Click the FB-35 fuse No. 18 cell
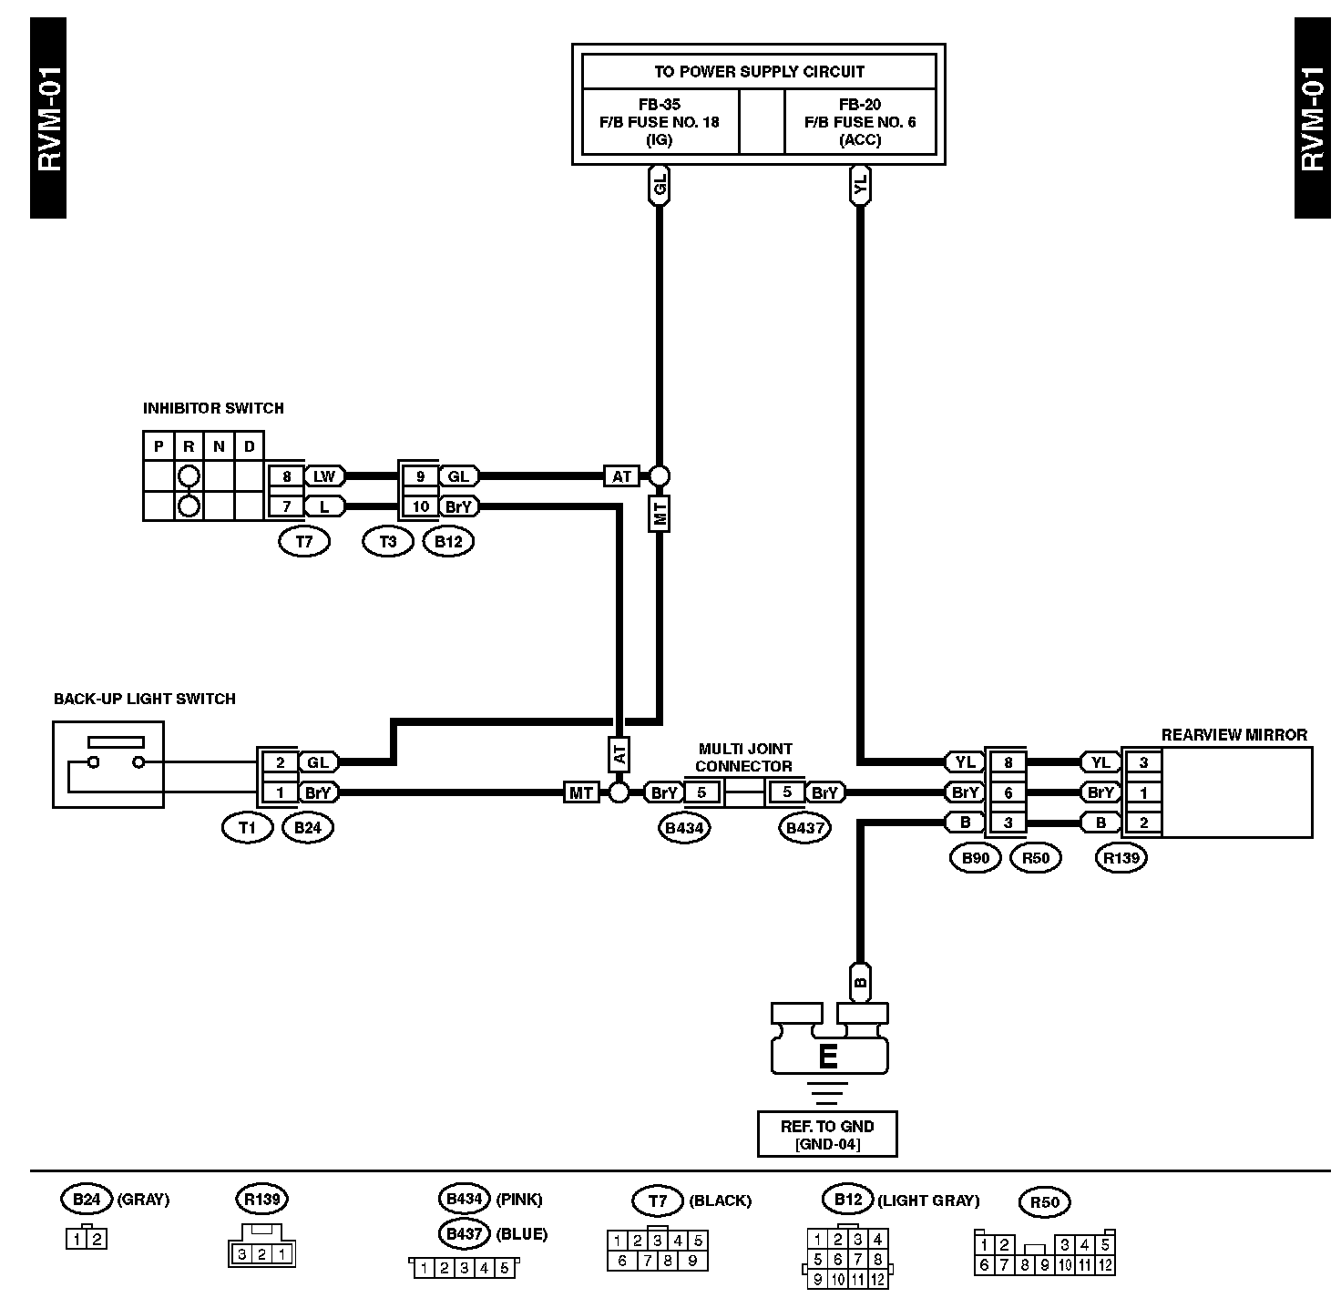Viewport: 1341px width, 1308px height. point(660,121)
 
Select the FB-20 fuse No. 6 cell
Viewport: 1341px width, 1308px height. point(859,121)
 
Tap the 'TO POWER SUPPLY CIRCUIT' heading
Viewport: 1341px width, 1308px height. point(758,71)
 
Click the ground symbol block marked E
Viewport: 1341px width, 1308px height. point(828,1056)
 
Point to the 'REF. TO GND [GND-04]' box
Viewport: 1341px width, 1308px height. point(827,1134)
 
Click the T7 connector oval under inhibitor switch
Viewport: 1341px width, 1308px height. point(304,541)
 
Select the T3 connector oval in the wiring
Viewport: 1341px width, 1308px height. point(388,541)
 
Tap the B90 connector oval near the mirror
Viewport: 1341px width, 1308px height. point(975,857)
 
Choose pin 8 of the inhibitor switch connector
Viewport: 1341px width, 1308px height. point(286,475)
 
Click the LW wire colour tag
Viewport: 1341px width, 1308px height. point(324,475)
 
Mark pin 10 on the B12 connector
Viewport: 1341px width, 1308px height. point(420,506)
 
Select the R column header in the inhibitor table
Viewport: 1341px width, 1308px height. point(189,446)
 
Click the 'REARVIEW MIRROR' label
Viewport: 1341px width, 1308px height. point(1234,735)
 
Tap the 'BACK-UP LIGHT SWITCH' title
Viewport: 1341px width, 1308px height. point(144,699)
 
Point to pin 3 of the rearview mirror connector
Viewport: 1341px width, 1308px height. point(1143,762)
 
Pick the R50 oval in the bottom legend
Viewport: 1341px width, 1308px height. point(1045,1202)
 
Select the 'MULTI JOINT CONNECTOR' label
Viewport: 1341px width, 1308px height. point(744,758)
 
